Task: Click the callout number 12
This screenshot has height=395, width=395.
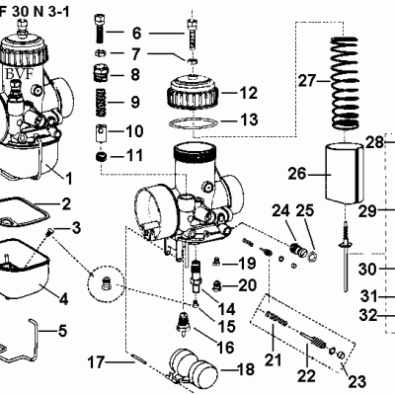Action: (248, 94)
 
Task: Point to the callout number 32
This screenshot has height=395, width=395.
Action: (367, 316)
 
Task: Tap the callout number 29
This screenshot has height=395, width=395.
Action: (367, 210)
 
